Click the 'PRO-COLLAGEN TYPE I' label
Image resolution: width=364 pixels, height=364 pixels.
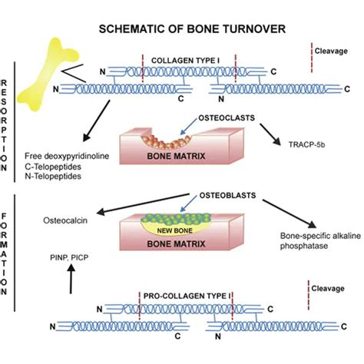click(x=186, y=295)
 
